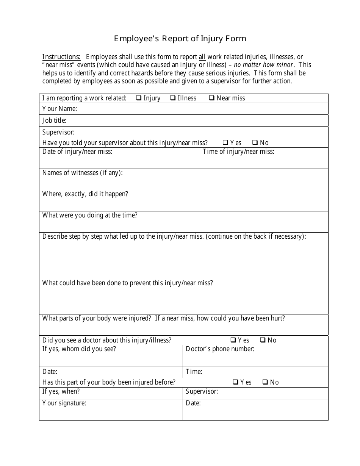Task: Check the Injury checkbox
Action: pyautogui.click(x=139, y=98)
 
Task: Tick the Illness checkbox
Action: pyautogui.click(x=173, y=98)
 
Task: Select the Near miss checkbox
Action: pyautogui.click(x=212, y=98)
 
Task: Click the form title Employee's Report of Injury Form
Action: pyautogui.click(x=180, y=39)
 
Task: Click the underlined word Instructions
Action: pyautogui.click(x=61, y=57)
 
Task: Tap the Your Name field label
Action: pyautogui.click(x=59, y=109)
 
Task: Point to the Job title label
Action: pyautogui.click(x=54, y=121)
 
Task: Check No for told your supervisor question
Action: pyautogui.click(x=255, y=143)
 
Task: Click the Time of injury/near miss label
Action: pyautogui.click(x=238, y=152)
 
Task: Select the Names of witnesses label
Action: pyautogui.click(x=82, y=173)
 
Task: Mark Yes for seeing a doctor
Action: pyautogui.click(x=233, y=340)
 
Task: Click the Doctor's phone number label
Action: pyautogui.click(x=220, y=349)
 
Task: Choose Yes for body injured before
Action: pyautogui.click(x=236, y=382)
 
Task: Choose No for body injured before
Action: pyautogui.click(x=265, y=382)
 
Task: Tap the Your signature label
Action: pyautogui.click(x=64, y=403)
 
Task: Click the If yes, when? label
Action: pyautogui.click(x=61, y=392)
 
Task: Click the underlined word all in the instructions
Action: pyautogui.click(x=202, y=57)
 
